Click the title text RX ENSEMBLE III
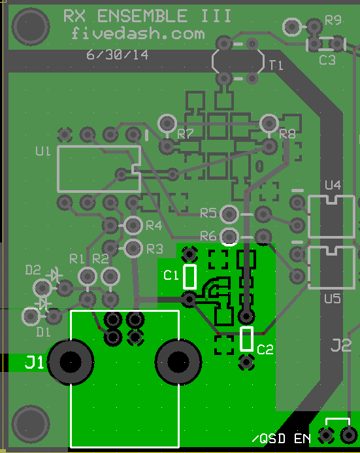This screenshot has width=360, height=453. pos(147,16)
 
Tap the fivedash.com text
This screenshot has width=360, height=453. pos(138,33)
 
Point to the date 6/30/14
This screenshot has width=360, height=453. pos(118,55)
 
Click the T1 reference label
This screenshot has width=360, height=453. pos(276,65)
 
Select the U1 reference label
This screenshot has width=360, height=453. pos(42,151)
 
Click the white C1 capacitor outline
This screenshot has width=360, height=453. pos(190,277)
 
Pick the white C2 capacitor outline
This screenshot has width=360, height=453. pos(246,339)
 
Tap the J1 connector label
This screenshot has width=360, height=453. pos(34,362)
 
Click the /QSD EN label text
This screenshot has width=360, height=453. pos(282,439)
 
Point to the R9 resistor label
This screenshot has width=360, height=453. pos(333,20)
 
